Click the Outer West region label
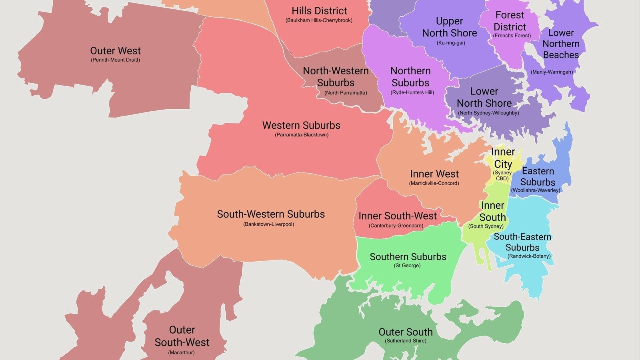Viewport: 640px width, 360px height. click(x=115, y=51)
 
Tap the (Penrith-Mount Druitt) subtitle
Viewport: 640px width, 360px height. click(x=115, y=60)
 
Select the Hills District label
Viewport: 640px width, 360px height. click(x=319, y=11)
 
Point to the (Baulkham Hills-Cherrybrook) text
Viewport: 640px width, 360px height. click(x=319, y=20)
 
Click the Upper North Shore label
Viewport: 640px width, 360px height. click(x=450, y=27)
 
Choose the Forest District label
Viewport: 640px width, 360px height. click(x=510, y=21)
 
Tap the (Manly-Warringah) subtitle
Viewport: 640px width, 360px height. click(x=552, y=72)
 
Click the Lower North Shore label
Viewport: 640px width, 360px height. click(x=484, y=97)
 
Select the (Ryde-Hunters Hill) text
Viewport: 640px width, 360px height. click(x=412, y=92)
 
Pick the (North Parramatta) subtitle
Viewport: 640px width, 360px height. click(x=346, y=93)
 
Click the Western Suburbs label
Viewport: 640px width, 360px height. click(x=301, y=125)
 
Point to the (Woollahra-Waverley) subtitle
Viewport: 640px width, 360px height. click(x=536, y=190)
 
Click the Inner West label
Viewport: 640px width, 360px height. click(x=434, y=174)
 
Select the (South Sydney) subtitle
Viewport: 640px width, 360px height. click(x=486, y=226)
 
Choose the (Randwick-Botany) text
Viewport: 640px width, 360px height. click(x=529, y=256)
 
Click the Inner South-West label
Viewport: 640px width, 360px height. click(x=397, y=216)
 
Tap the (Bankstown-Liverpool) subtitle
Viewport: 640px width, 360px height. click(x=268, y=224)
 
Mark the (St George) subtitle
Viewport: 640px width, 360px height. click(x=407, y=266)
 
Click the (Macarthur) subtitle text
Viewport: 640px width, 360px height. click(x=181, y=353)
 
